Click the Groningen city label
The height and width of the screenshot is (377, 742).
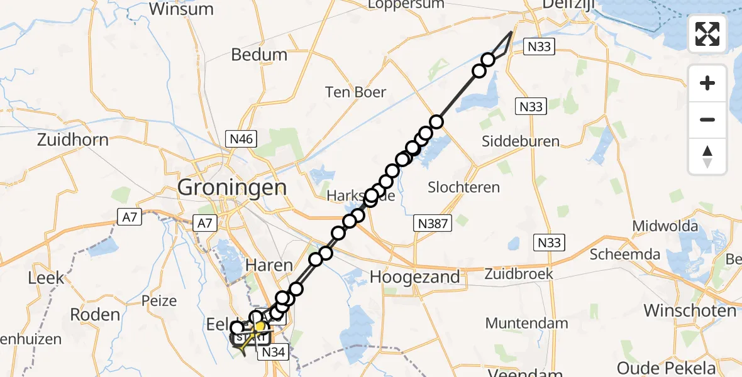point(232,187)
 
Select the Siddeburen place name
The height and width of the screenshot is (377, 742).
point(521,141)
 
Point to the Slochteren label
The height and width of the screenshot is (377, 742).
point(463,187)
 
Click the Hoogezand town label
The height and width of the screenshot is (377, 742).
point(415,276)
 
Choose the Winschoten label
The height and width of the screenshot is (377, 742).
point(689,311)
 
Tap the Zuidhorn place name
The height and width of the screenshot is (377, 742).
point(73,139)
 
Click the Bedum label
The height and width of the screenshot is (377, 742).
point(259,55)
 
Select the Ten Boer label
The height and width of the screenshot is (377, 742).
point(355,92)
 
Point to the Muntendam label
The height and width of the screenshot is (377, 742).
point(527,324)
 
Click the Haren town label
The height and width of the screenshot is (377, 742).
point(269,266)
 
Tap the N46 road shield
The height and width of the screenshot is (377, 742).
point(241,139)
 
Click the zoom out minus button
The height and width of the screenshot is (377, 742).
point(707,120)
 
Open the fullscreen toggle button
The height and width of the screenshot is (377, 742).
point(707,33)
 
